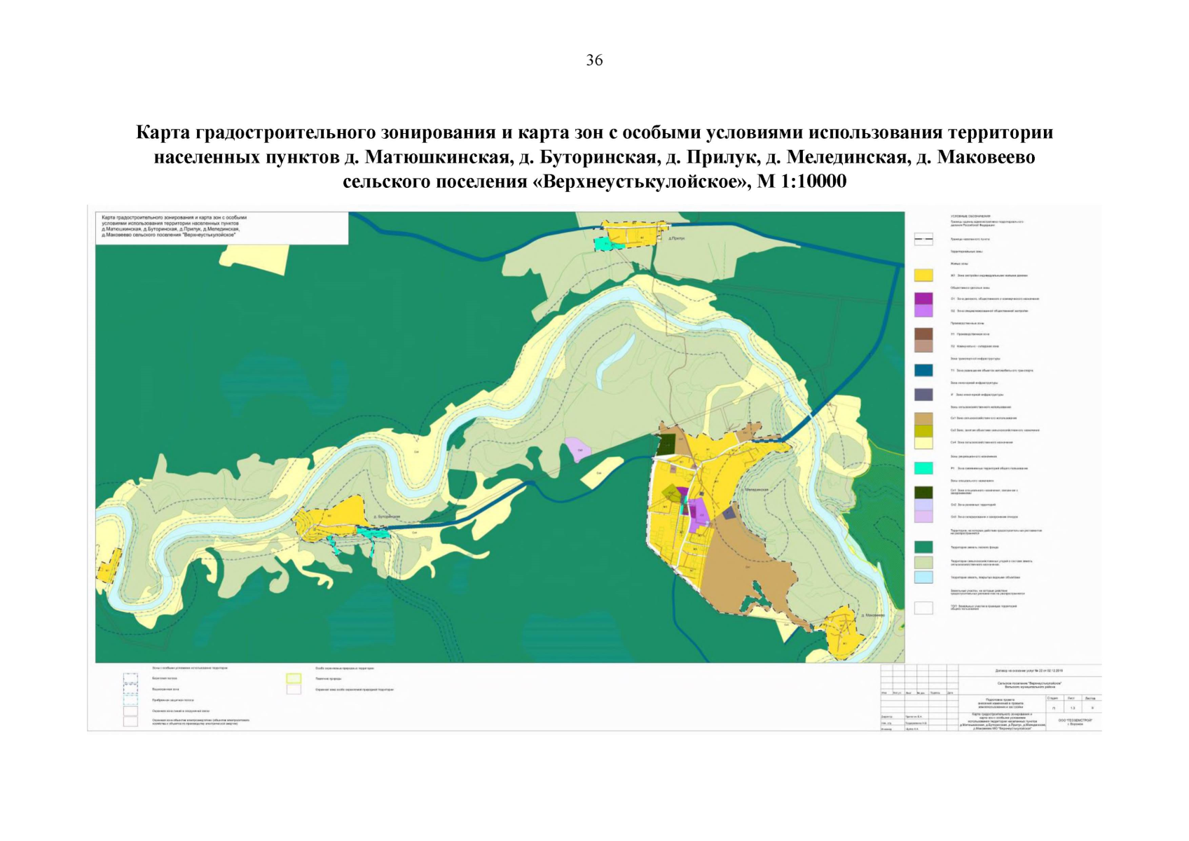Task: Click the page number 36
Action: (594, 60)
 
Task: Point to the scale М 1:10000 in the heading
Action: (802, 182)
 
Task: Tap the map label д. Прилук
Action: (677, 238)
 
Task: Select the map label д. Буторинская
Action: (386, 517)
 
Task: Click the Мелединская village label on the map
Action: (757, 489)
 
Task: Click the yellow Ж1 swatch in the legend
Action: (923, 275)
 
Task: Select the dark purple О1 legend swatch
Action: (923, 299)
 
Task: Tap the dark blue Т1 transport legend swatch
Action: (923, 370)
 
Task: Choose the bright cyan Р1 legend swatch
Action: (923, 467)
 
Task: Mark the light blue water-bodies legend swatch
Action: (923, 577)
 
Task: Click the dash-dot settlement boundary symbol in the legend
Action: (923, 239)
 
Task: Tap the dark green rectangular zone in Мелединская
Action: (666, 444)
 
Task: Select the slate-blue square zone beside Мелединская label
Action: (729, 513)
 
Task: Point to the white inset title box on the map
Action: (222, 228)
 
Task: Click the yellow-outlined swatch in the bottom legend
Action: (294, 678)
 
